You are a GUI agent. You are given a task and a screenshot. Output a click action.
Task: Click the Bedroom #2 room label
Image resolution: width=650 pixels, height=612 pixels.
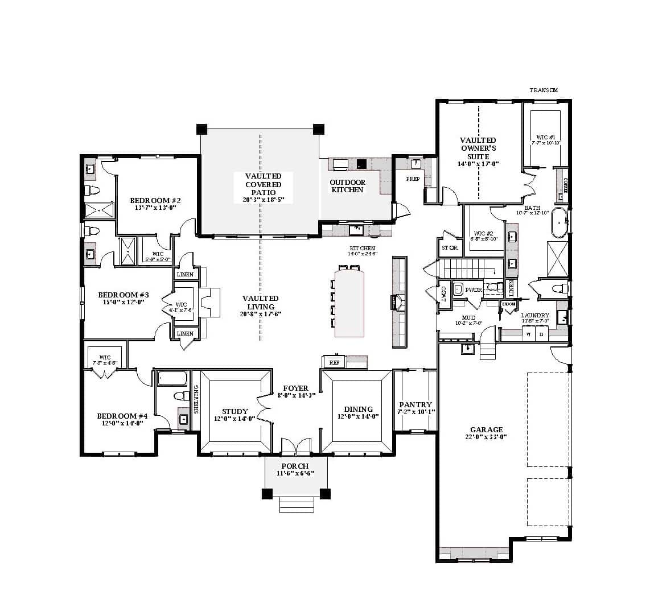(155, 201)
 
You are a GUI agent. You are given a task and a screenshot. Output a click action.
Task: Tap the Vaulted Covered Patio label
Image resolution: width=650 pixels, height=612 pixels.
(263, 184)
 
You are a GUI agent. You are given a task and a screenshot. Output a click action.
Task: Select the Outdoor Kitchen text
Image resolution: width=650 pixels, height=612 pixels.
(347, 186)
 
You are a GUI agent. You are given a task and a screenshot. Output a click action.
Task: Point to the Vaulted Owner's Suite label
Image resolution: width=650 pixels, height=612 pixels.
(478, 148)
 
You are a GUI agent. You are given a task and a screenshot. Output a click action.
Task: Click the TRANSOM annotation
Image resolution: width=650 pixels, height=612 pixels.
(543, 90)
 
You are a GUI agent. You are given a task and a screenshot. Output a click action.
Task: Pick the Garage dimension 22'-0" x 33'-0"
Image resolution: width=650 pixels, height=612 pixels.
(486, 437)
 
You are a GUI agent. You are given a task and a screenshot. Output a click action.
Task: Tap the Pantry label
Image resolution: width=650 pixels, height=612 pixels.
(415, 404)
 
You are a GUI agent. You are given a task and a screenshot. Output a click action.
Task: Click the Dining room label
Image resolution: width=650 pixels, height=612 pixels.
(358, 409)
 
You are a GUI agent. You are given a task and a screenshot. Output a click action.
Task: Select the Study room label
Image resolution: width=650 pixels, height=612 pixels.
(235, 411)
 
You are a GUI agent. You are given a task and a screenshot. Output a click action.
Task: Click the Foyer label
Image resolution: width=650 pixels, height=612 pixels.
(295, 388)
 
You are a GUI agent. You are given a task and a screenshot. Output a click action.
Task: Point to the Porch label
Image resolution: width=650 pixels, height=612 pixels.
(295, 466)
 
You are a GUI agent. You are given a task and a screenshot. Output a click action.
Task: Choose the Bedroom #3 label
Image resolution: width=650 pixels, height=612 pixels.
(123, 295)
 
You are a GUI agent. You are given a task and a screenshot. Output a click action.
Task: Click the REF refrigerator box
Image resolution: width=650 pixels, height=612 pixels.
(334, 362)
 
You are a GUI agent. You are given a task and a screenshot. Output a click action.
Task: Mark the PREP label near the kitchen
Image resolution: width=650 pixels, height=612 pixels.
(412, 179)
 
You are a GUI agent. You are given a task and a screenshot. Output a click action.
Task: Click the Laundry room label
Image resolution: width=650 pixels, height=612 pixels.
(535, 316)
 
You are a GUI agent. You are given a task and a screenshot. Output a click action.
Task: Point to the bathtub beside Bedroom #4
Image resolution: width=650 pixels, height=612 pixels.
(171, 378)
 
